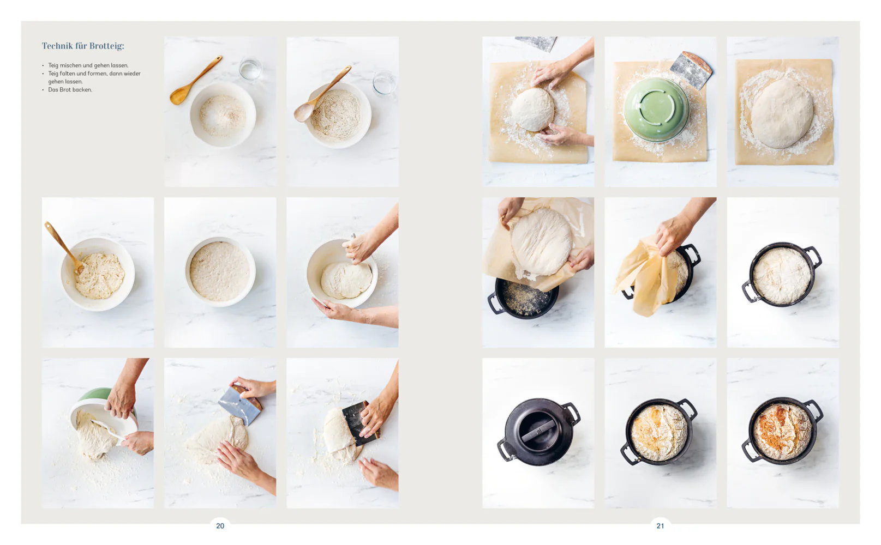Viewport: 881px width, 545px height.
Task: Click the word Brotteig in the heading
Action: tap(106, 46)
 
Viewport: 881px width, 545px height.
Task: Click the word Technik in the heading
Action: tap(57, 46)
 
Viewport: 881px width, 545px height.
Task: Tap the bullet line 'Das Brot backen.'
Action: tap(70, 89)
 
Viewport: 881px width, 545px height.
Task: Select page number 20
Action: tap(220, 526)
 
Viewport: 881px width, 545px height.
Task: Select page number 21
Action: tap(661, 526)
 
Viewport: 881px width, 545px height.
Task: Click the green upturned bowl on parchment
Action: tap(656, 109)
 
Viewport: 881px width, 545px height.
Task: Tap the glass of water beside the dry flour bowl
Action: tap(250, 69)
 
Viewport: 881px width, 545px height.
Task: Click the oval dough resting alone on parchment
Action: tap(782, 114)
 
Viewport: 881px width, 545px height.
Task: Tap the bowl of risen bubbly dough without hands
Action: tap(220, 271)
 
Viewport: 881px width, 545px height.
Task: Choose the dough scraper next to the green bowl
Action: tap(691, 70)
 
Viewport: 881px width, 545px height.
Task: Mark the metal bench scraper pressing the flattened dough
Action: tap(240, 405)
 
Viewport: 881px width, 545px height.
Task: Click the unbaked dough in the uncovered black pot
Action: tap(782, 276)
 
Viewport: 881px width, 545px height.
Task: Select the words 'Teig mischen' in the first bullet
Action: tap(65, 65)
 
